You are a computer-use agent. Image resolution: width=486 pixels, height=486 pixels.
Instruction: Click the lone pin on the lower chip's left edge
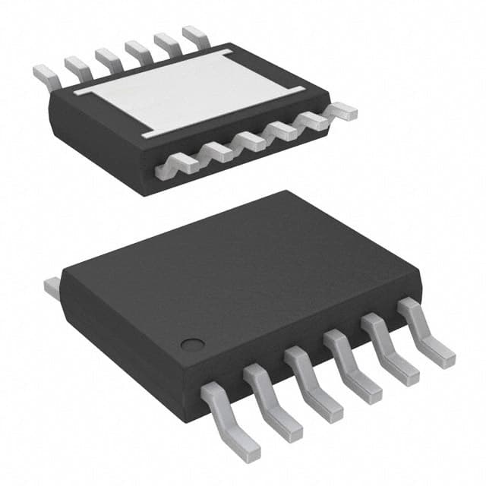tap(52, 286)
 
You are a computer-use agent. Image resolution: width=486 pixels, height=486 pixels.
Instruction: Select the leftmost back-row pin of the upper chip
tap(46, 74)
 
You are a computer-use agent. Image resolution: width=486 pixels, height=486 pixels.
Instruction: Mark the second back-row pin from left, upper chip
tap(76, 65)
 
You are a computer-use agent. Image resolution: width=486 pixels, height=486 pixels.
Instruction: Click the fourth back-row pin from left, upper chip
tap(137, 50)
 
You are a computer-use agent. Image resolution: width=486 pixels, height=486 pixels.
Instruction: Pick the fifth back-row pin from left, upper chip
tap(166, 43)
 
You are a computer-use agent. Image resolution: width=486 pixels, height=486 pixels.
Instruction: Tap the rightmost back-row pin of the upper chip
tap(193, 35)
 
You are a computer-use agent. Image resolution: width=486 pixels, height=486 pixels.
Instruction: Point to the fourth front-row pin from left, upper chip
tap(282, 131)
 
